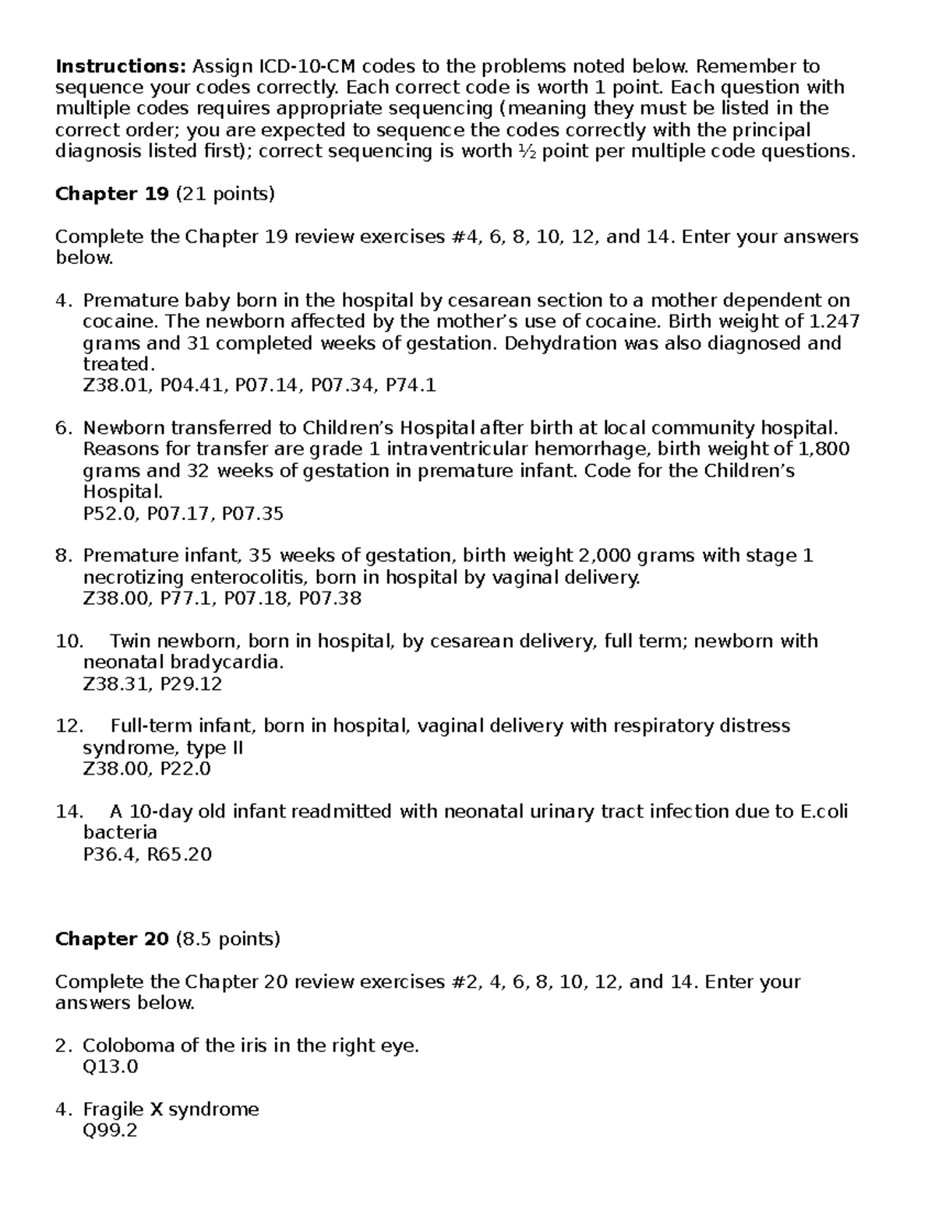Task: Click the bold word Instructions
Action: click(121, 66)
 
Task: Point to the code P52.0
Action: click(108, 514)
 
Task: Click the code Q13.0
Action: click(110, 1067)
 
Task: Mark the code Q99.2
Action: click(110, 1131)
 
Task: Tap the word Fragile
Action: click(112, 1109)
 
